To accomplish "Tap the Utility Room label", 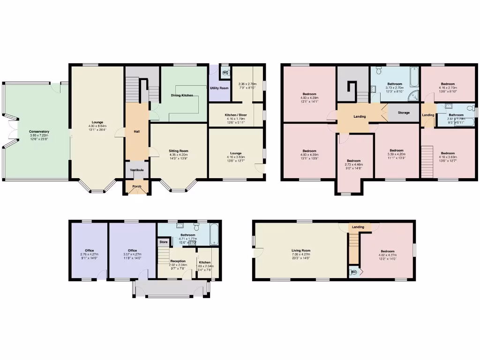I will pyautogui.click(x=219, y=88).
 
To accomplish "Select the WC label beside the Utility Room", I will pyautogui.click(x=225, y=73).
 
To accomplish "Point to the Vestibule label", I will pyautogui.click(x=136, y=170).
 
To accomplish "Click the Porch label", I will pyautogui.click(x=136, y=187).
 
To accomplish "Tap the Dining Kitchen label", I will pyautogui.click(x=182, y=95).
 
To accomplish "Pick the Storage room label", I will pyautogui.click(x=404, y=113).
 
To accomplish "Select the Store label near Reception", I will pyautogui.click(x=163, y=242).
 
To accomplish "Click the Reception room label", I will pyautogui.click(x=178, y=261).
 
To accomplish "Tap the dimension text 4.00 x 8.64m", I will pyautogui.click(x=97, y=126).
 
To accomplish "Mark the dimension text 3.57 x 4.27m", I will pyautogui.click(x=132, y=255).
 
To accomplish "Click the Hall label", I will pyautogui.click(x=136, y=132).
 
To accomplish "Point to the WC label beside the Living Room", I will pyautogui.click(x=354, y=271).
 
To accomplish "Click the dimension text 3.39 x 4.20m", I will pyautogui.click(x=397, y=154).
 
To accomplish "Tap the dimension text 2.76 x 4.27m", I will pyautogui.click(x=89, y=255).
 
